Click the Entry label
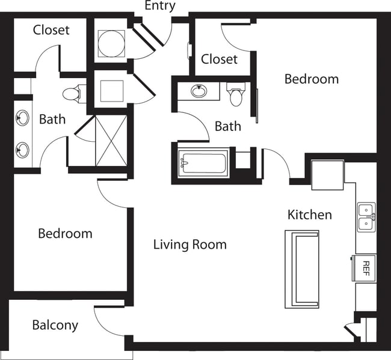click(x=160, y=6)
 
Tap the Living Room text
click(x=189, y=245)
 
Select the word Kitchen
click(x=309, y=215)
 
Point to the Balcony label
click(x=55, y=325)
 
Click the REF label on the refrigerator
click(x=365, y=267)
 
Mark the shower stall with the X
click(x=111, y=140)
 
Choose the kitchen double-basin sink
click(x=366, y=217)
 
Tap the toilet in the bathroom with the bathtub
click(x=236, y=95)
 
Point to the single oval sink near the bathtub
click(x=199, y=92)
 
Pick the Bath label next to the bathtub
click(x=228, y=126)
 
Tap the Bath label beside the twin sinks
click(x=52, y=119)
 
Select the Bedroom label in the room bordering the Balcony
click(x=65, y=233)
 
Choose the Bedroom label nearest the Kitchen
click(x=311, y=79)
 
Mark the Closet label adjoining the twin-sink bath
click(x=51, y=29)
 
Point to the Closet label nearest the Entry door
click(x=219, y=59)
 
